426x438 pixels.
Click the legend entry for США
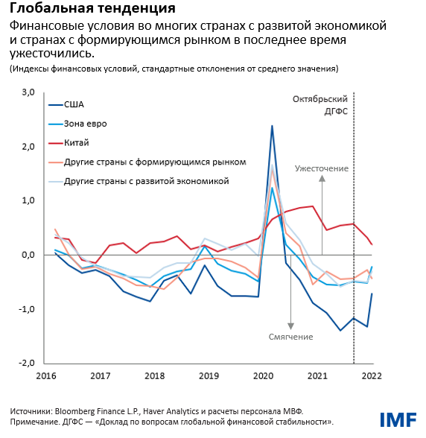coord(74,104)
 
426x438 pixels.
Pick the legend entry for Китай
coord(77,142)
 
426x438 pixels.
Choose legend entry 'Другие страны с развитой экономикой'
coord(146,181)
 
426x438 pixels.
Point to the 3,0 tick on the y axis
coord(29,92)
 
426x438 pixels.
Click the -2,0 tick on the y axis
coord(28,364)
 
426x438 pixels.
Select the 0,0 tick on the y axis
coord(29,255)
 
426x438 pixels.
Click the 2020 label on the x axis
coord(263,376)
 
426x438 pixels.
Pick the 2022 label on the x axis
coord(372,376)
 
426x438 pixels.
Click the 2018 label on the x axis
coord(154,376)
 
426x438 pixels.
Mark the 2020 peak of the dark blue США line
coord(272,126)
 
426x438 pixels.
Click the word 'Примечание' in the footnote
coord(36,422)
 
